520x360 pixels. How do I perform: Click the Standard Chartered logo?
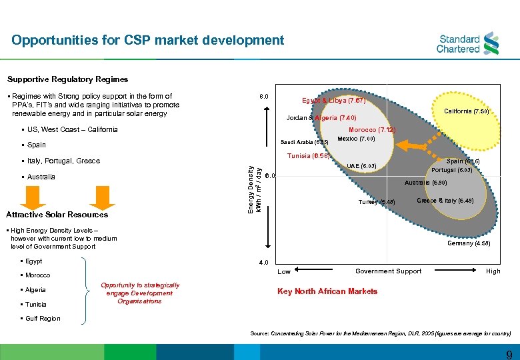pos(467,43)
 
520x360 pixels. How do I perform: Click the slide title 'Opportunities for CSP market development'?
pos(147,40)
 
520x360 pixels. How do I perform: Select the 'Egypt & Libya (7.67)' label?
pos(333,101)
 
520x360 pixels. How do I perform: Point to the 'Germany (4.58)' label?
pos(469,244)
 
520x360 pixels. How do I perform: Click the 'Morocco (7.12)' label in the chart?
pos(373,130)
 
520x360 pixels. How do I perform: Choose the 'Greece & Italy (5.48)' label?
pos(445,201)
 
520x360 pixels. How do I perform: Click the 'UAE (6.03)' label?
pos(362,165)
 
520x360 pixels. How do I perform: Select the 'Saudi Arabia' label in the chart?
pos(304,142)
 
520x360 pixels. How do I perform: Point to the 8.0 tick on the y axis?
pos(264,97)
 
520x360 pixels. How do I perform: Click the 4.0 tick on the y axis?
pos(264,262)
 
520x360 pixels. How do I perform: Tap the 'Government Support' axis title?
pos(388,271)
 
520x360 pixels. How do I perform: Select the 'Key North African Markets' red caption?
pos(327,291)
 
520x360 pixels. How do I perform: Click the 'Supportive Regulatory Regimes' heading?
pos(67,79)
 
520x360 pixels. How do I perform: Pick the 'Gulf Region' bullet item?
pos(43,319)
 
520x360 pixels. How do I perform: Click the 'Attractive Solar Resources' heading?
pos(57,215)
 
